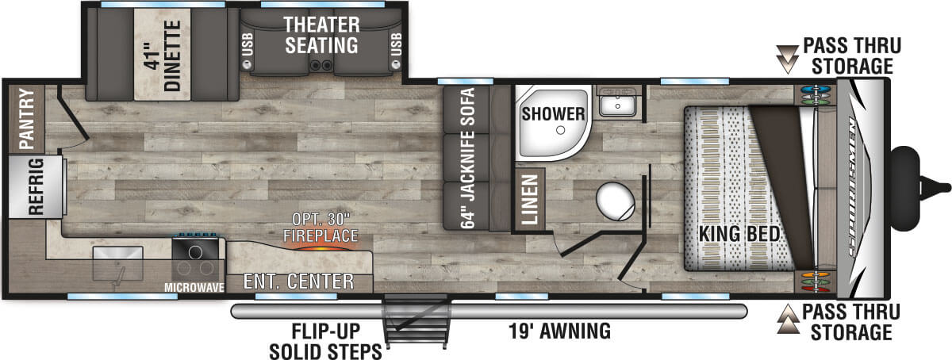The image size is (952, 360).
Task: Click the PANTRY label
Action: click(26, 119)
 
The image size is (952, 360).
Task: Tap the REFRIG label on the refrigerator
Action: click(36, 186)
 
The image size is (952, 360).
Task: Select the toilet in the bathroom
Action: click(616, 201)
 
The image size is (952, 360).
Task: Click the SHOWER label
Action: click(554, 114)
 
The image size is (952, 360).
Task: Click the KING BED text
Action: click(739, 234)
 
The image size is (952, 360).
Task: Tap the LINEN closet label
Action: click(530, 199)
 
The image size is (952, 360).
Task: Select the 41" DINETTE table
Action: click(163, 55)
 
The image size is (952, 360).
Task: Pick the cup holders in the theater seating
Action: click(321, 65)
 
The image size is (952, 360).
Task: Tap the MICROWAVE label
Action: click(194, 288)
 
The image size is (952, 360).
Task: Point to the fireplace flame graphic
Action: click(321, 247)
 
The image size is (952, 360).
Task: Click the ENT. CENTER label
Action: click(298, 281)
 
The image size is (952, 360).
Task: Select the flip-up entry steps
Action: click(416, 320)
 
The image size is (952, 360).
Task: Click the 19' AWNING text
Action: click(560, 331)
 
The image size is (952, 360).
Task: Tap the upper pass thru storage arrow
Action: click(787, 59)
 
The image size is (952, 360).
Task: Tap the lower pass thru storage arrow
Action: click(788, 318)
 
